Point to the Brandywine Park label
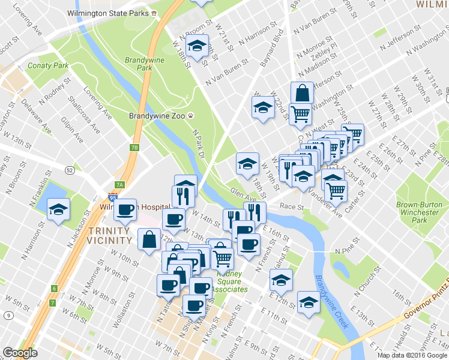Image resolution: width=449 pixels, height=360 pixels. coord(139,64)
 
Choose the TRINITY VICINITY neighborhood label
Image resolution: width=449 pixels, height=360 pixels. coord(109,235)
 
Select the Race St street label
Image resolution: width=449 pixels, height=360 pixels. coord(292,206)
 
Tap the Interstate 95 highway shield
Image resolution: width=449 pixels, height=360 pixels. coord(113,197)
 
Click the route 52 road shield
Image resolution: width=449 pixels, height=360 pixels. coord(70,170)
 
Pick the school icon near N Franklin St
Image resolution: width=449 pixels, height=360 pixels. coord(59,209)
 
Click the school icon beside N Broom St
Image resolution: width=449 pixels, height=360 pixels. coord(196,46)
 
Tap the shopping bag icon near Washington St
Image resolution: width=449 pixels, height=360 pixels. coord(302,93)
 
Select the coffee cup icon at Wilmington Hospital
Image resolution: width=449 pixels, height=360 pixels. coord(125,210)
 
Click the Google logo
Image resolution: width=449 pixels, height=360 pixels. coord(20,353)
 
